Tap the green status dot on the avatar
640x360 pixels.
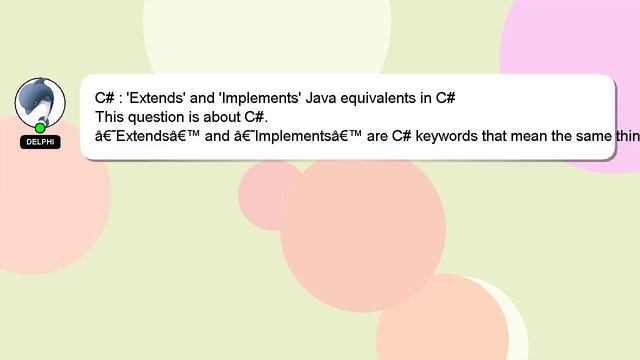tap(40, 128)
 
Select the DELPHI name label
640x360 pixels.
tap(40, 143)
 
